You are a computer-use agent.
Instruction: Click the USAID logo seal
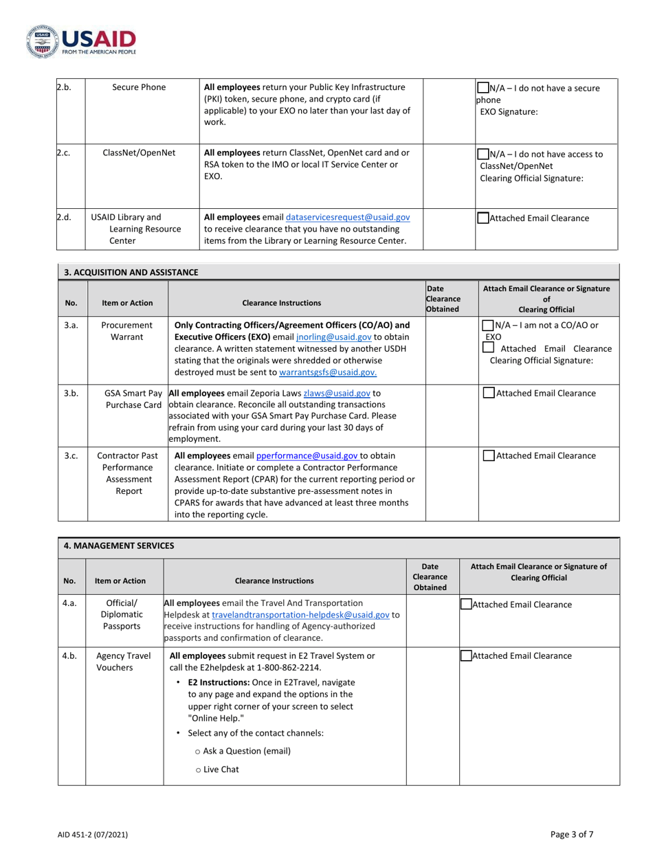coord(41,41)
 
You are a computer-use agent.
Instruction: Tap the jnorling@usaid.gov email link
coord(334,337)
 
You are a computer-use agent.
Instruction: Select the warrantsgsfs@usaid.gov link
coord(328,372)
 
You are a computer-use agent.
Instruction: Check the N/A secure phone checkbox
coord(483,88)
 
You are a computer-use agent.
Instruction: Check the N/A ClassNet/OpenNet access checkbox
coord(483,154)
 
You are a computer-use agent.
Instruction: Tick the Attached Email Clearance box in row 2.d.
coord(483,218)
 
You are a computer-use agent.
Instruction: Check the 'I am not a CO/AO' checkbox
coord(487,325)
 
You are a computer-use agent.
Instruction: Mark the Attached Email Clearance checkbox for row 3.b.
coord(488,394)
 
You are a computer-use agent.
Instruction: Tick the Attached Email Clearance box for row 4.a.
coord(466,605)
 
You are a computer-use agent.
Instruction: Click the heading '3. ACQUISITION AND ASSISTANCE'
coord(131,272)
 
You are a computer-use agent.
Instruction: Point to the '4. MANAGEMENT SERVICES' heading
coord(118,546)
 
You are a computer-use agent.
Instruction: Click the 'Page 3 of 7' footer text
coord(572,834)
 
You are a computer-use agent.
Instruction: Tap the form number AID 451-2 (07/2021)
coord(92,835)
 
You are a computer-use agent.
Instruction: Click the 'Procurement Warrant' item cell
coord(127,331)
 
